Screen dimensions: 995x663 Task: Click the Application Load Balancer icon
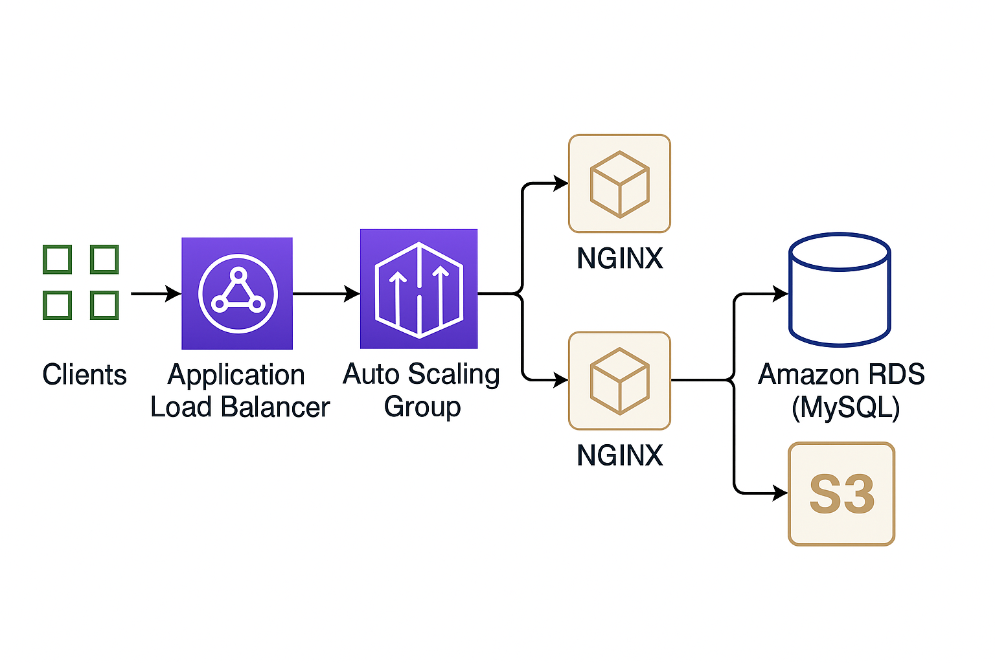click(x=237, y=293)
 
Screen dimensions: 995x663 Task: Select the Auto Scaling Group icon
click(x=419, y=289)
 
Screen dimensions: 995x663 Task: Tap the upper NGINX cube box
click(x=620, y=183)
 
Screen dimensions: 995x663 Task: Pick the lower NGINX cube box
click(x=620, y=381)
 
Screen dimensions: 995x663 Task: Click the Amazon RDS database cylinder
click(x=840, y=289)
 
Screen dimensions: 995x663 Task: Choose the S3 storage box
click(x=841, y=494)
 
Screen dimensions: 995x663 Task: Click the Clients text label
click(x=84, y=374)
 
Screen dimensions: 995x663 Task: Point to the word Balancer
click(x=275, y=407)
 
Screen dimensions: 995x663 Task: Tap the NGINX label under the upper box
click(x=620, y=258)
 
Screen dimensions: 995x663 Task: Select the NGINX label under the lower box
click(x=620, y=455)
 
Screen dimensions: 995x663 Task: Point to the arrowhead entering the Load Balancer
click(x=173, y=293)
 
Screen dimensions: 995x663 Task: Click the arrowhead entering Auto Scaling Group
click(x=352, y=293)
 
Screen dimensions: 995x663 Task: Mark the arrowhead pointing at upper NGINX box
click(x=560, y=183)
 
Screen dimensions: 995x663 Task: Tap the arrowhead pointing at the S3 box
click(x=781, y=493)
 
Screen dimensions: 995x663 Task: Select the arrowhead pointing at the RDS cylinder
click(x=781, y=293)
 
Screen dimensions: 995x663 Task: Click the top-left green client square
click(x=57, y=260)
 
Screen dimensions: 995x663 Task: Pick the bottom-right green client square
click(x=104, y=305)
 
